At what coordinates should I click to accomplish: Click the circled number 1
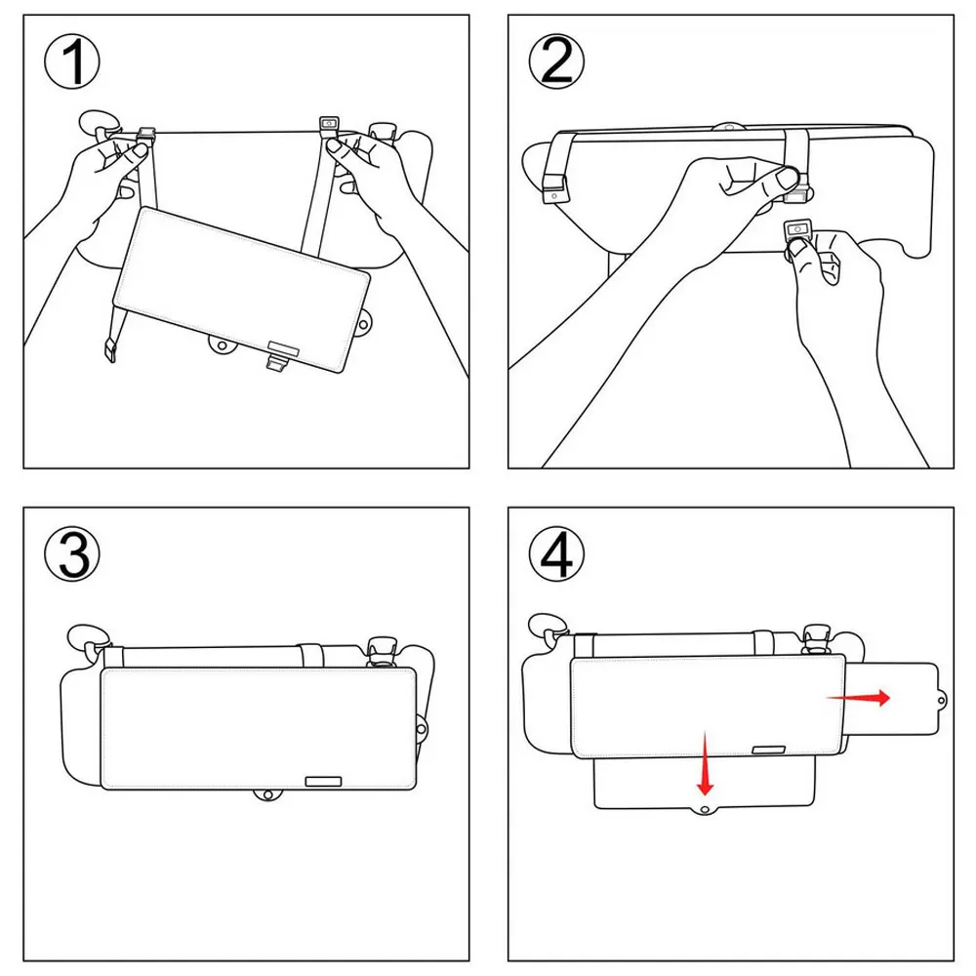[74, 64]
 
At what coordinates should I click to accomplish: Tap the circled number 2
[556, 64]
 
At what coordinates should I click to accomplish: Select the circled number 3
[74, 554]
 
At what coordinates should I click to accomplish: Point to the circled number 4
[556, 554]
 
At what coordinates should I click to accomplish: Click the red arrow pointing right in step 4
[858, 697]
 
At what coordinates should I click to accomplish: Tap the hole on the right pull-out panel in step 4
[942, 699]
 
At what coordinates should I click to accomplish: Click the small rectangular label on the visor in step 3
[323, 781]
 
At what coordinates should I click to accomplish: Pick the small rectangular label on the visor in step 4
[770, 750]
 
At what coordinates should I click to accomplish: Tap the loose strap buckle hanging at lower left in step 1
[110, 349]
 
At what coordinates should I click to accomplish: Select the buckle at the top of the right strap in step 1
[329, 125]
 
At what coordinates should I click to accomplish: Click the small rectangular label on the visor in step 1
[284, 346]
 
